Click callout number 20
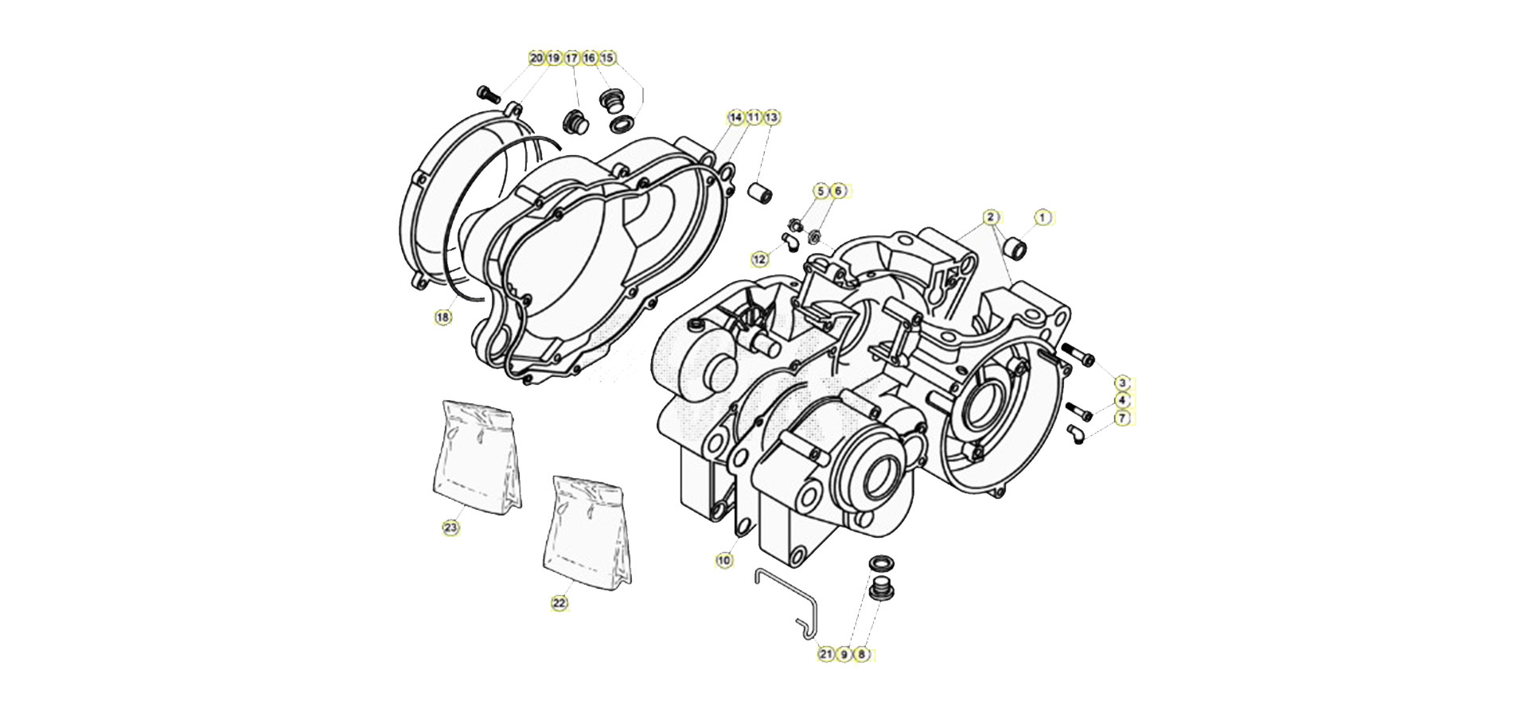tap(536, 58)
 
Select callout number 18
tap(443, 317)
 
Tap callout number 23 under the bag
tap(451, 527)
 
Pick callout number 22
tap(559, 604)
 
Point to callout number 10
tap(723, 561)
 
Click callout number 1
tap(1043, 217)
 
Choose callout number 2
tap(991, 217)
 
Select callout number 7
tap(1122, 418)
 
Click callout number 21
tap(826, 655)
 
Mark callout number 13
tap(771, 118)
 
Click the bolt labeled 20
tap(488, 95)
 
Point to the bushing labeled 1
tap(1014, 248)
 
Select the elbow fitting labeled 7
tap(1076, 434)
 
